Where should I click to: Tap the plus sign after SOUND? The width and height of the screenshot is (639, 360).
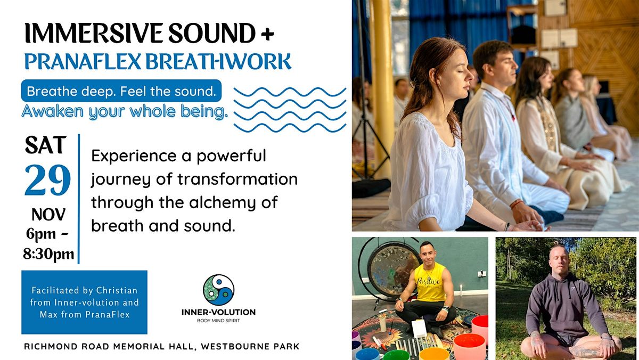coord(266,34)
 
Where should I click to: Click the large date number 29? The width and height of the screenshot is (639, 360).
coord(47,180)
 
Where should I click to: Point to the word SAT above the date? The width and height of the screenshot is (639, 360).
coord(46,146)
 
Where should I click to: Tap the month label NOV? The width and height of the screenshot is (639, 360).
coord(48,215)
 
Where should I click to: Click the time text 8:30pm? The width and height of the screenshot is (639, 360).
coord(48,253)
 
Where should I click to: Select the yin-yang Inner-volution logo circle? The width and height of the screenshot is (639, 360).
coord(218,290)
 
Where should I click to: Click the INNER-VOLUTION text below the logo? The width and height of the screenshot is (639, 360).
coord(218,312)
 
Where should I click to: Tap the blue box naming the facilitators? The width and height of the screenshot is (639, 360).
coord(84,302)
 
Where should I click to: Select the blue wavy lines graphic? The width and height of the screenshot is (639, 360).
coord(290,109)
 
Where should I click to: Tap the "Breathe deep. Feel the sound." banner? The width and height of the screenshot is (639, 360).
coord(121,91)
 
